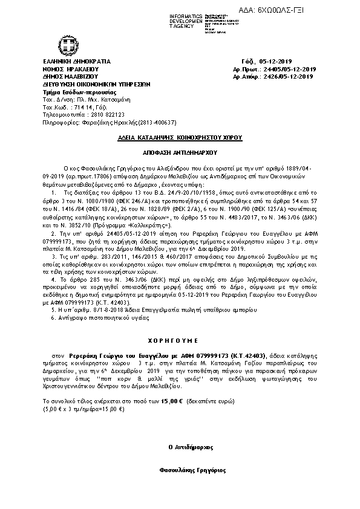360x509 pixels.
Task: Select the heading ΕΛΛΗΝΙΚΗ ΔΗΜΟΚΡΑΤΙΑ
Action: pyautogui.click(x=77, y=62)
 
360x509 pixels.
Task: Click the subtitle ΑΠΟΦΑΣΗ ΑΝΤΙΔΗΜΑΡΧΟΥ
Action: pyautogui.click(x=180, y=154)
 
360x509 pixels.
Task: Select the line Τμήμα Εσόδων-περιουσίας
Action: pyautogui.click(x=71, y=91)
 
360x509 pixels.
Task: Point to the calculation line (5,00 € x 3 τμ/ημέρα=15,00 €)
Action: pyautogui.click(x=83, y=409)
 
